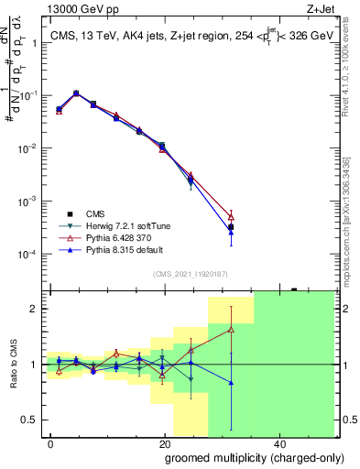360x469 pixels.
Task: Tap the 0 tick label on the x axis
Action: (50, 442)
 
